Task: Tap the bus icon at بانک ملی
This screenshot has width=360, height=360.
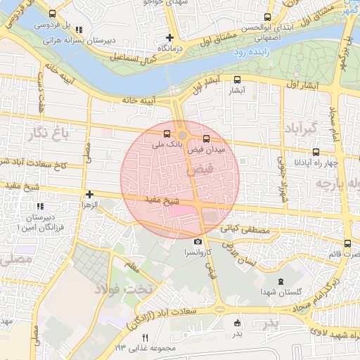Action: click(167, 134)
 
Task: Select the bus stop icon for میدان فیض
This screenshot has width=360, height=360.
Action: click(206, 139)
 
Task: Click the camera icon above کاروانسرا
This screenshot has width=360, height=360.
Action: click(198, 242)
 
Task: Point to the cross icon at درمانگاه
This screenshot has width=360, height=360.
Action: click(169, 37)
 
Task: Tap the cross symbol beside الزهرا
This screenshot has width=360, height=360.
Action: click(89, 194)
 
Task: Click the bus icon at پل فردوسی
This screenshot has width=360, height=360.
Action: click(52, 14)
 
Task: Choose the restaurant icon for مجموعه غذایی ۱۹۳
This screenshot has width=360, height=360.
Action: click(146, 337)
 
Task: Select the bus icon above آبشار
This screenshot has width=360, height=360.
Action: click(236, 79)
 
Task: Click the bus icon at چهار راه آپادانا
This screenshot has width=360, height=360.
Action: click(315, 151)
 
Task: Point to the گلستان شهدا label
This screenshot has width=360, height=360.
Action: click(281, 291)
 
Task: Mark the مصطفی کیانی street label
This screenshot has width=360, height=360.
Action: click(245, 229)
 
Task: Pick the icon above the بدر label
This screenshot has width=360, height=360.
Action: click(237, 323)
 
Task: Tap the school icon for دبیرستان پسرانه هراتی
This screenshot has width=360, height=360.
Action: click(79, 30)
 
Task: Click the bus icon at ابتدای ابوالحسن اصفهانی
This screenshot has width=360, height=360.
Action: click(266, 17)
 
